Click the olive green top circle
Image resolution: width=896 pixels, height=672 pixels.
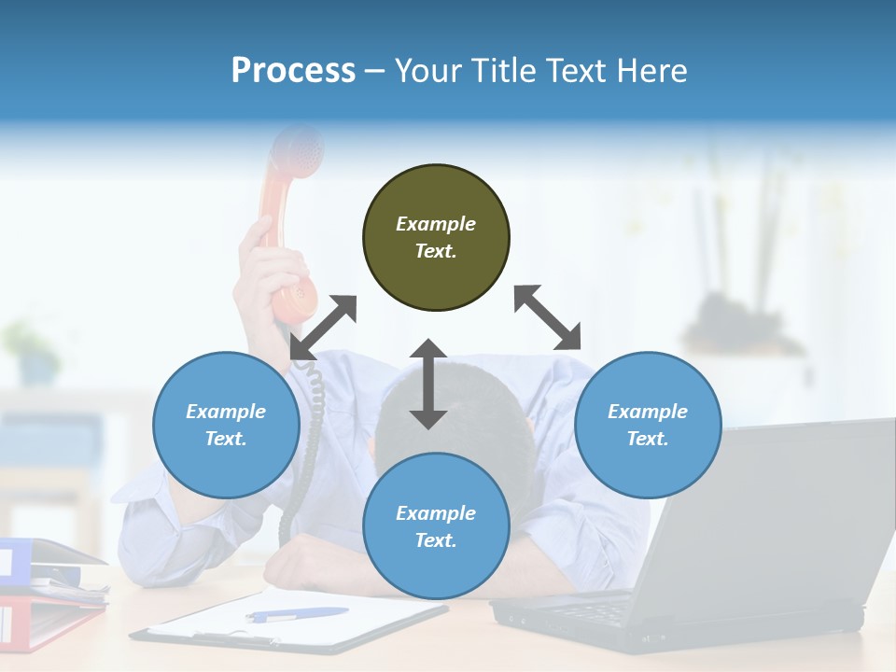[436, 238]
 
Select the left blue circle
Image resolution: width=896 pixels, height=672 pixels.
[226, 425]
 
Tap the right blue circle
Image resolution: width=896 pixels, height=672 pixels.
[648, 425]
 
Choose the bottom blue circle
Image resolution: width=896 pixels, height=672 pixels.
[436, 526]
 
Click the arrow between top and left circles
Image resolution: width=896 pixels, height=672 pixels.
[323, 328]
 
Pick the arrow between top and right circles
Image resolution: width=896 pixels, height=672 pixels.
[548, 317]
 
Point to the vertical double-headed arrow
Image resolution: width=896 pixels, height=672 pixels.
[428, 384]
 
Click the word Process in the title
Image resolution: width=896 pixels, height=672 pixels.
[293, 71]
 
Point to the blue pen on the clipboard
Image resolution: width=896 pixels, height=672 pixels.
[297, 614]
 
